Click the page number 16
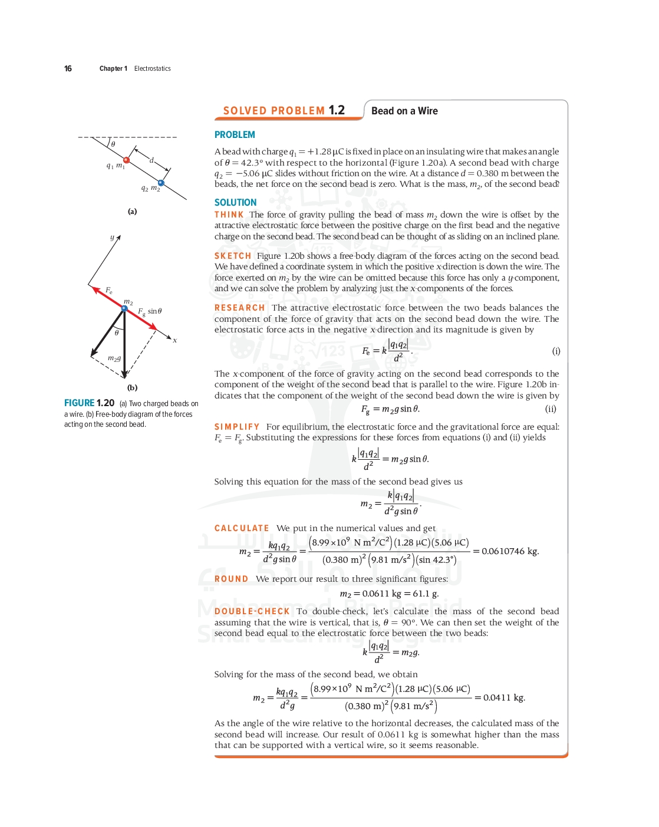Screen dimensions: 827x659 68,68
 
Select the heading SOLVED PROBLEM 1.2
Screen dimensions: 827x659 284,110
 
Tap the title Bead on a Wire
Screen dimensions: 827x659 404,111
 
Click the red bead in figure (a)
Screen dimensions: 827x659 126,160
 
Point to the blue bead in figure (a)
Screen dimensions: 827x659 161,183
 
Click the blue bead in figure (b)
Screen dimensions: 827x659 124,308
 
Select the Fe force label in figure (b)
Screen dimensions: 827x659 109,291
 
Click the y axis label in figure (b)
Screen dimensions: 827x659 112,238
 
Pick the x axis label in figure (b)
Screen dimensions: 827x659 175,340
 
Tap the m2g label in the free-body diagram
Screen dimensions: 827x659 114,358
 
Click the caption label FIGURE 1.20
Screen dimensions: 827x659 89,403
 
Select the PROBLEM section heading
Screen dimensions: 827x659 235,135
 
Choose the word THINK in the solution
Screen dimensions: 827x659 229,215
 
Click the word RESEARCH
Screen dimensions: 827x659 239,308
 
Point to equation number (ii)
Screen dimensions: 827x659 551,408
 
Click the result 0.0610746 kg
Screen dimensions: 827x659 510,551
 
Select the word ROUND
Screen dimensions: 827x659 231,579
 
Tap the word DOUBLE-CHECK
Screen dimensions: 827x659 252,611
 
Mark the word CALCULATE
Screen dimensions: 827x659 242,528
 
